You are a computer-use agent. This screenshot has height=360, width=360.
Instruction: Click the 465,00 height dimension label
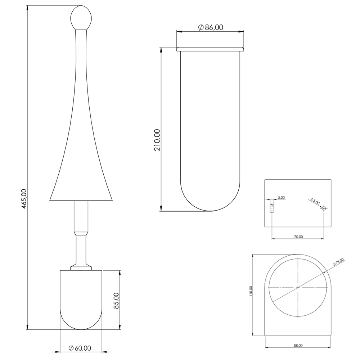click(24, 199)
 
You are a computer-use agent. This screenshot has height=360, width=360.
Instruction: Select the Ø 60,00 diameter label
click(80, 348)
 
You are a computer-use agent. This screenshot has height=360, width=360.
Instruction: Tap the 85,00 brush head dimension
click(116, 301)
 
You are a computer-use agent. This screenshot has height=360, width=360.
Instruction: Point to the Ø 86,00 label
click(211, 27)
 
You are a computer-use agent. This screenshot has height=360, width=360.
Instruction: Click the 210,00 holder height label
click(158, 140)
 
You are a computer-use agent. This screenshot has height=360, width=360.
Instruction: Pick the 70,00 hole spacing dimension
click(298, 237)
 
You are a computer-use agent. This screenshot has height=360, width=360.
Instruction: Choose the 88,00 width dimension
click(298, 345)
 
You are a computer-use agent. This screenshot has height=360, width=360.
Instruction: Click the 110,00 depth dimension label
click(251, 291)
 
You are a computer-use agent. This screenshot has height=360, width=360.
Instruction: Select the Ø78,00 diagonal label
click(338, 262)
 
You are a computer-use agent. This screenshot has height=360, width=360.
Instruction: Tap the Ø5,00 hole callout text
click(315, 201)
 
